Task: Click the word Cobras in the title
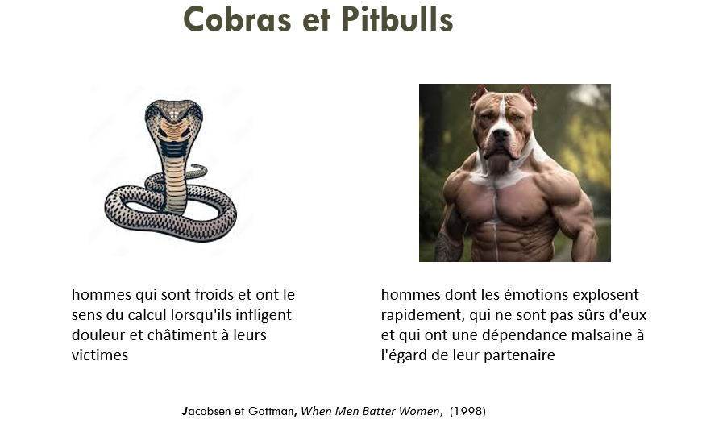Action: pyautogui.click(x=237, y=19)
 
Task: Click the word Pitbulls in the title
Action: pyautogui.click(x=397, y=19)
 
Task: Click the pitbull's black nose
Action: pyautogui.click(x=500, y=134)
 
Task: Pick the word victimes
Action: pyautogui.click(x=100, y=355)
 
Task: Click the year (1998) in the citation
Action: pyautogui.click(x=467, y=411)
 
